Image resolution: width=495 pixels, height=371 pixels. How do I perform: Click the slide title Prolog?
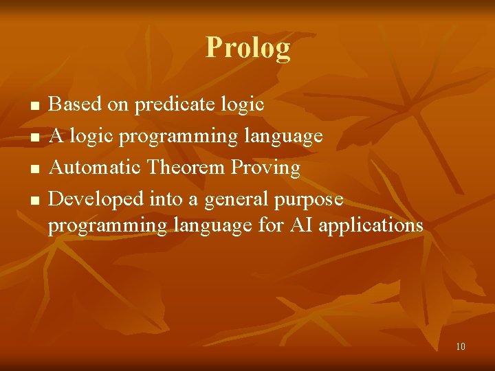(x=247, y=49)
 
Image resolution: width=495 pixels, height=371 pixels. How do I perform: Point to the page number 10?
(x=460, y=346)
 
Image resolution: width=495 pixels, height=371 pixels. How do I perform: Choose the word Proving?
(x=265, y=168)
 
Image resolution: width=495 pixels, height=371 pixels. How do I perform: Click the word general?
(x=236, y=200)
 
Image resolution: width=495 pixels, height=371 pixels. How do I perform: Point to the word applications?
(x=370, y=226)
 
